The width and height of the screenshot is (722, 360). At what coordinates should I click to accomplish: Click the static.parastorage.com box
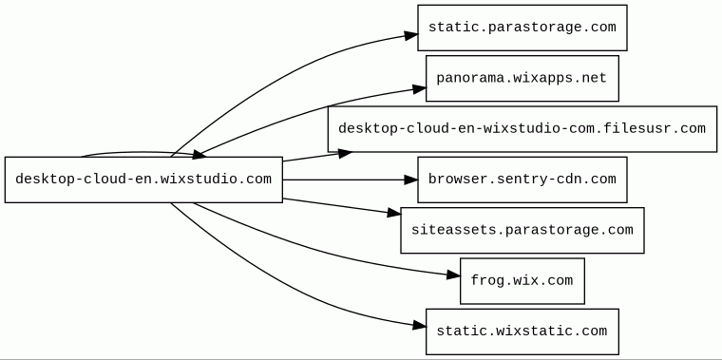[522, 28]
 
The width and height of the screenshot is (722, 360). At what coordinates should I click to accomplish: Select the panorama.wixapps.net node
[522, 78]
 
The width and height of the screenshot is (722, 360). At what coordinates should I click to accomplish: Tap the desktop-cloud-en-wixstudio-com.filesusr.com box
[522, 129]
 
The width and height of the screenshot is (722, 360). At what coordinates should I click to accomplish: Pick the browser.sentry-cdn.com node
[522, 180]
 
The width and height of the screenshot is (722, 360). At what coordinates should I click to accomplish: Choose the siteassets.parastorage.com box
[522, 230]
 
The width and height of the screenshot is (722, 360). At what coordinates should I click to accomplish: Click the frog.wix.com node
[522, 281]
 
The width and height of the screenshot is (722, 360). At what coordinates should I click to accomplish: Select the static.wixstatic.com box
[522, 332]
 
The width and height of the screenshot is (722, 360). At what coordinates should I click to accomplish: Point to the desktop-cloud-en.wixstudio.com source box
[143, 180]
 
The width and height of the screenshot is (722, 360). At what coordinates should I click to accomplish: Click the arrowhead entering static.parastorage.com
[411, 35]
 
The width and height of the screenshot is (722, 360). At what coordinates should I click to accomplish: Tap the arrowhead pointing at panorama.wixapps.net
[420, 88]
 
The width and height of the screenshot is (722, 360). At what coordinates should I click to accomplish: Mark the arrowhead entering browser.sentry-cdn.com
[411, 180]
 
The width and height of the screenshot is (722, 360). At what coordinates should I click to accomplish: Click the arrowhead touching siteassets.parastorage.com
[394, 213]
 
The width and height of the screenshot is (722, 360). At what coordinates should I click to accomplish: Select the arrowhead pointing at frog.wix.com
[453, 275]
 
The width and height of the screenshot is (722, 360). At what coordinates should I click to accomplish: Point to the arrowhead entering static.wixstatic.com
[420, 326]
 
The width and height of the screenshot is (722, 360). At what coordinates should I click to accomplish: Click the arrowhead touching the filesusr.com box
[346, 153]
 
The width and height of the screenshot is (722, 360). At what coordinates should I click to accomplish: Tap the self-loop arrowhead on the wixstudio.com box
[199, 155]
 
